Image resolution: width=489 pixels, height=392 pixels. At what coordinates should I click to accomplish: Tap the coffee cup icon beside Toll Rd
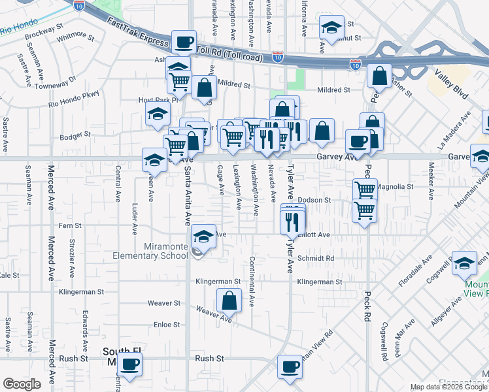pyautogui.click(x=184, y=42)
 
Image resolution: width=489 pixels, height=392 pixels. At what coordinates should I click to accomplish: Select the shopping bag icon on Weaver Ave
pyautogui.click(x=229, y=301)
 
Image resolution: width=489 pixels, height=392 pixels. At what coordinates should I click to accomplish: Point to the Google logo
pyautogui.click(x=22, y=384)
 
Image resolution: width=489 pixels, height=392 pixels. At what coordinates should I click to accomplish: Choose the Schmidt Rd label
pyautogui.click(x=316, y=259)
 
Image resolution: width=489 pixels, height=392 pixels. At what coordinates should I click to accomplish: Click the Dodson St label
pyautogui.click(x=314, y=201)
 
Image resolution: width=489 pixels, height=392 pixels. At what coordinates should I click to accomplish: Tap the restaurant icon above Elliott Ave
pyautogui.click(x=292, y=222)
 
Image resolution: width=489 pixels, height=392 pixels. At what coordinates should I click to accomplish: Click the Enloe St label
pyautogui.click(x=166, y=325)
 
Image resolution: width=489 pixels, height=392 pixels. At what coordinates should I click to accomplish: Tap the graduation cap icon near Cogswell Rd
pyautogui.click(x=464, y=263)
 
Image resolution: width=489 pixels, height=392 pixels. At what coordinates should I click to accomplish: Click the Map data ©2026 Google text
pyautogui.click(x=448, y=387)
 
